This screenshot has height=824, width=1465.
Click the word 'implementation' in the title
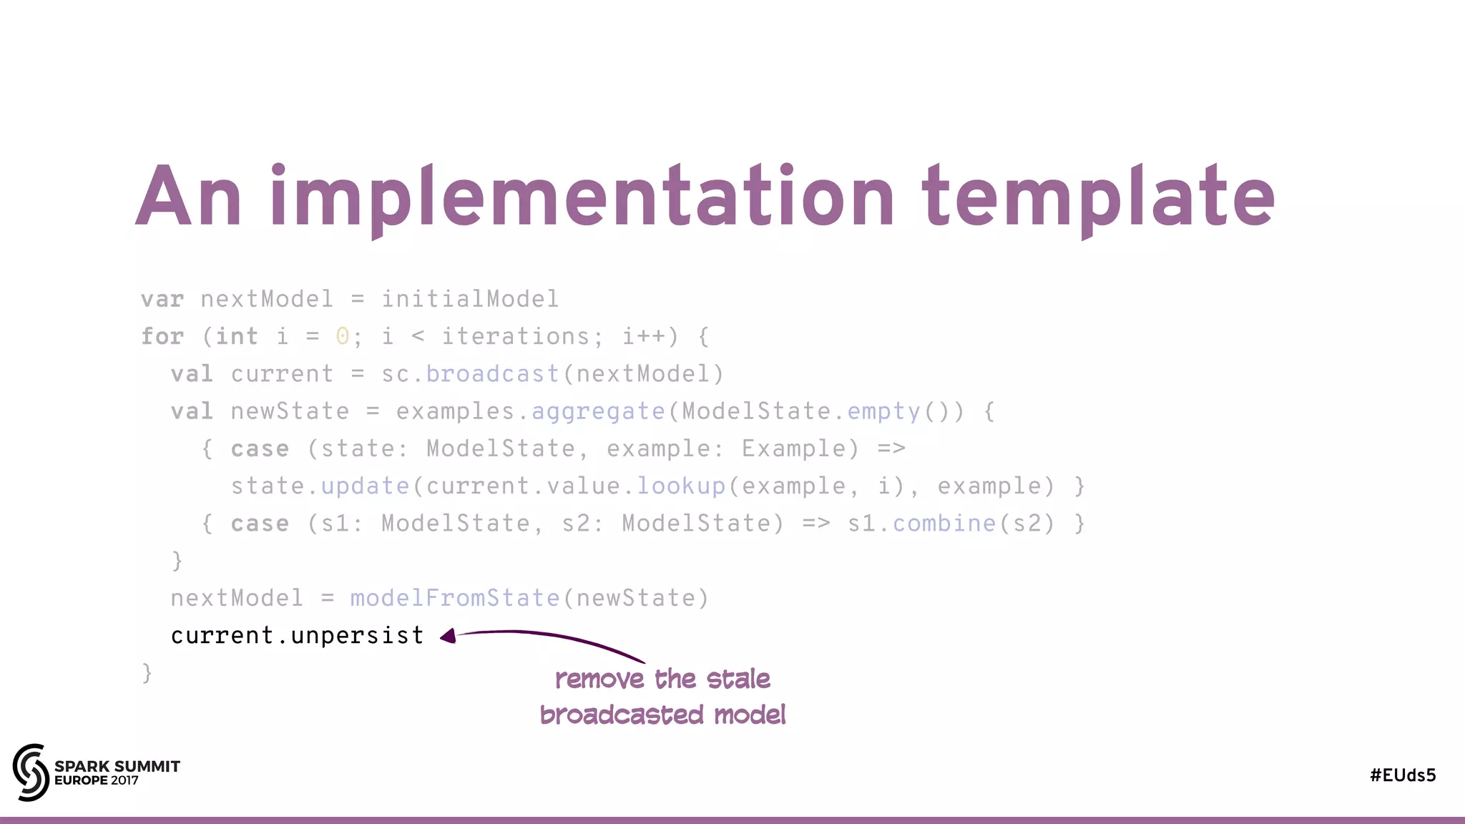[x=582, y=197]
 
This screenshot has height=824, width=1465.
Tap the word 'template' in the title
[x=1098, y=197]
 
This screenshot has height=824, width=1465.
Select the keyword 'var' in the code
[x=162, y=299]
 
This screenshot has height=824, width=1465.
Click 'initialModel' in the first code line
[x=470, y=299]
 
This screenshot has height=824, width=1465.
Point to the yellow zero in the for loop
[x=343, y=336]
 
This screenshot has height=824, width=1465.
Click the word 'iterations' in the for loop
[x=515, y=336]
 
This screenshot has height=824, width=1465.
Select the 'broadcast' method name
[x=492, y=374]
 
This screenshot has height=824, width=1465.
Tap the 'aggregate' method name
[x=598, y=411]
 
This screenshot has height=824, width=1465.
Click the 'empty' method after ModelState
[x=883, y=411]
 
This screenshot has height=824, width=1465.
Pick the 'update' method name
[x=365, y=486]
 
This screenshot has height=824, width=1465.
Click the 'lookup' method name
[x=681, y=486]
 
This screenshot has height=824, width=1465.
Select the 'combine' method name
[x=944, y=524]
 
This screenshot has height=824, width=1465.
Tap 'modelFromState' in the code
[x=455, y=598]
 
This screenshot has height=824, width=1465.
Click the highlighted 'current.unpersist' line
[x=297, y=635]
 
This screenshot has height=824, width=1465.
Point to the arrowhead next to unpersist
[x=449, y=636]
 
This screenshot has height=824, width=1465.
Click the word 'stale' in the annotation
[x=738, y=679]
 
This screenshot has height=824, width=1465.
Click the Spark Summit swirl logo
[x=30, y=772]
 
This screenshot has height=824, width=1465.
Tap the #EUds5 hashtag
[x=1403, y=775]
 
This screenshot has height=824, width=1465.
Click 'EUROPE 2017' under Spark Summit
[x=97, y=780]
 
